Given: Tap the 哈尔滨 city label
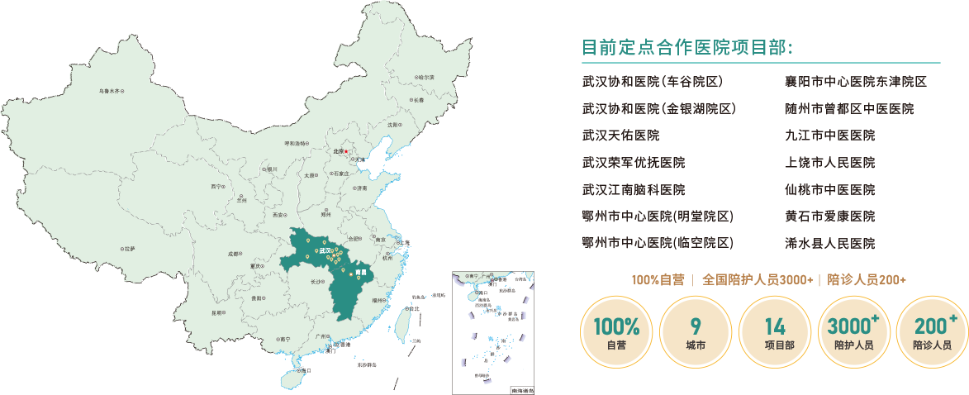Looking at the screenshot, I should (425, 77).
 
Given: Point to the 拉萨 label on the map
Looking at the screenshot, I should (127, 248).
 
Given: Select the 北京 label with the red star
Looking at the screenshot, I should (340, 151).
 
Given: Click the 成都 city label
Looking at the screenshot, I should (235, 255).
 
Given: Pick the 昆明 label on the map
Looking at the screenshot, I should (218, 313).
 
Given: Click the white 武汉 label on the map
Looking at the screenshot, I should (325, 250).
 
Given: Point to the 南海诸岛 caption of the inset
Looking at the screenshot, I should (521, 389).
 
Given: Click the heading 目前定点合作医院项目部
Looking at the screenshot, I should (687, 46).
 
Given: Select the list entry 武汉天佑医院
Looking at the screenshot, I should (620, 136).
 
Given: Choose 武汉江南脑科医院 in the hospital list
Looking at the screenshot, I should (634, 189).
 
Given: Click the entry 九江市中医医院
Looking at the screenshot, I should (830, 136).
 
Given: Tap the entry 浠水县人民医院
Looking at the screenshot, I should (830, 243).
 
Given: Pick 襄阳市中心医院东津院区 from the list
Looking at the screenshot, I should (856, 82).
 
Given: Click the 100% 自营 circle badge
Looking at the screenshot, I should (615, 331).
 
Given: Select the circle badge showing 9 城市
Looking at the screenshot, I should (696, 331).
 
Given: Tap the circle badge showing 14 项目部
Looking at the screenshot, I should (775, 331).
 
